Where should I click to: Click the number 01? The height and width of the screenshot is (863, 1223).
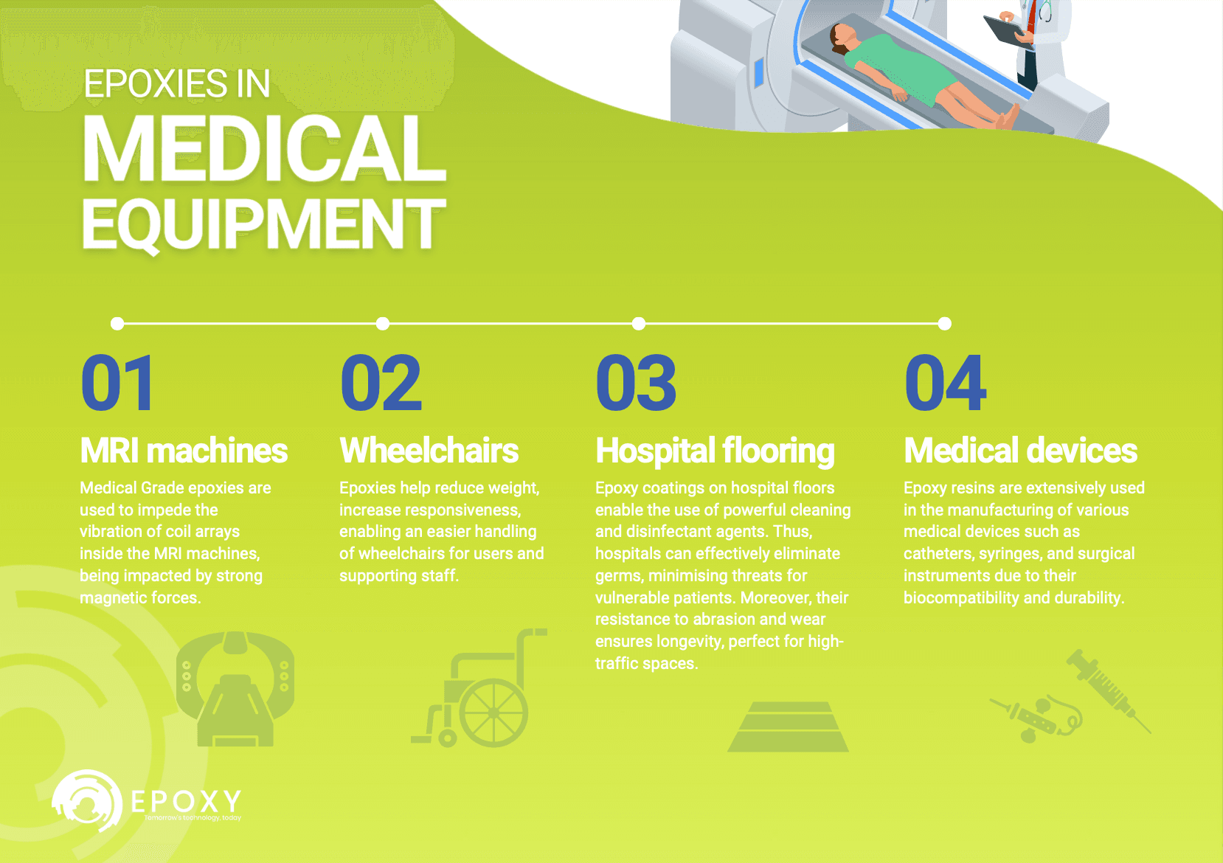[x=118, y=384]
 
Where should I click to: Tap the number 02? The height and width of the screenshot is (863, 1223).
[x=381, y=384]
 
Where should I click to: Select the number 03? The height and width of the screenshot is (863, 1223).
[x=636, y=384]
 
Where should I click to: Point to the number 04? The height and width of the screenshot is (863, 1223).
[x=946, y=384]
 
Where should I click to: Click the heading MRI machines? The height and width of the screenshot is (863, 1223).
[x=184, y=451]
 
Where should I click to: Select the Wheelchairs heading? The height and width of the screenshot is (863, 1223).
[x=429, y=451]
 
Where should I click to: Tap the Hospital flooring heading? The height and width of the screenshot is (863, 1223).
[x=715, y=451]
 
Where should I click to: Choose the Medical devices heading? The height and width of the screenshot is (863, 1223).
[x=1021, y=451]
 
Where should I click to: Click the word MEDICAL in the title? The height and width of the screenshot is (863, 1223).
[x=264, y=150]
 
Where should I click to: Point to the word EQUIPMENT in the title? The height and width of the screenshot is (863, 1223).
[x=264, y=224]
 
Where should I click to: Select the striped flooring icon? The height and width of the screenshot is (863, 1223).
[x=788, y=727]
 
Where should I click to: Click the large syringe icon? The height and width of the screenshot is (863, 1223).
[x=1106, y=690]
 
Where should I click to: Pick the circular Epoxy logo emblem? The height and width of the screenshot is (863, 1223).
[x=87, y=801]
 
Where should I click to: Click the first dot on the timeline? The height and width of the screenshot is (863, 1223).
[x=117, y=323]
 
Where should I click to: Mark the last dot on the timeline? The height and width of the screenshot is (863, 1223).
[x=945, y=323]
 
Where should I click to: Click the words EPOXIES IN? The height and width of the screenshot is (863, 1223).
[x=177, y=84]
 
